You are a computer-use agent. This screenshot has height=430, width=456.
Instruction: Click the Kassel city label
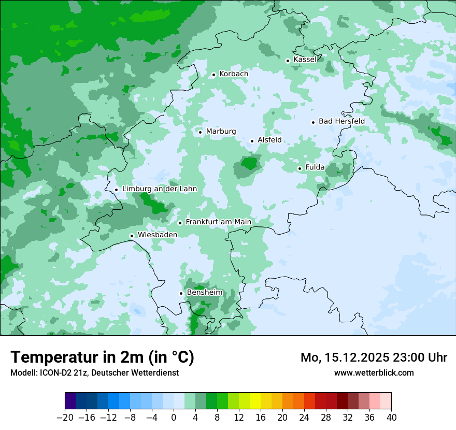click(305, 60)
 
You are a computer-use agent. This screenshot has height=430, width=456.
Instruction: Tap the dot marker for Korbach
click(213, 75)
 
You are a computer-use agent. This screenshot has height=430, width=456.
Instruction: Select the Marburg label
click(221, 132)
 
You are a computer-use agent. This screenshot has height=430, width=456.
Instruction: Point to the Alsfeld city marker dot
click(252, 141)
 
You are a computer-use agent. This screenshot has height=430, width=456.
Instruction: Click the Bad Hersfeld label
click(341, 121)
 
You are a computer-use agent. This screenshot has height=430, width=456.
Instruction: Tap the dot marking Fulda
click(300, 168)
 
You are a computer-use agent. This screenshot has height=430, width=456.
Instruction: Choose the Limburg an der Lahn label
click(159, 189)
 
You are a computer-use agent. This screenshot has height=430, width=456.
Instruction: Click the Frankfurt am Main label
click(218, 222)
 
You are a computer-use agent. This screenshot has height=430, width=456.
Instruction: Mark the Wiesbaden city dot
click(132, 236)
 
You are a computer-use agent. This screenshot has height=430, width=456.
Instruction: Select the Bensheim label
click(204, 293)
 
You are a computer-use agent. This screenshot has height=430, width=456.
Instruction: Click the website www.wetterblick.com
click(374, 372)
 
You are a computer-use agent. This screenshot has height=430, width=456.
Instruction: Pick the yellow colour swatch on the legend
click(255, 401)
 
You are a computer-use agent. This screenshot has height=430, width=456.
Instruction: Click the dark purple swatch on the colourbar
click(70, 401)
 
